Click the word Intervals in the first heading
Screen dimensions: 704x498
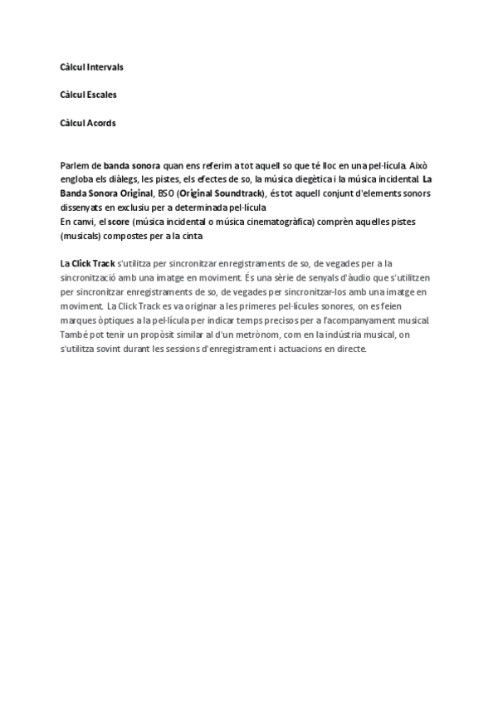[x=104, y=66]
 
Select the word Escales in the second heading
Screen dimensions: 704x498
[x=101, y=95]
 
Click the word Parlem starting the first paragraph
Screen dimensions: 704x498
[x=74, y=166]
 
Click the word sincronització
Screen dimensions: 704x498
[x=92, y=276]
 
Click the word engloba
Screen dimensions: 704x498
[x=77, y=179]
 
